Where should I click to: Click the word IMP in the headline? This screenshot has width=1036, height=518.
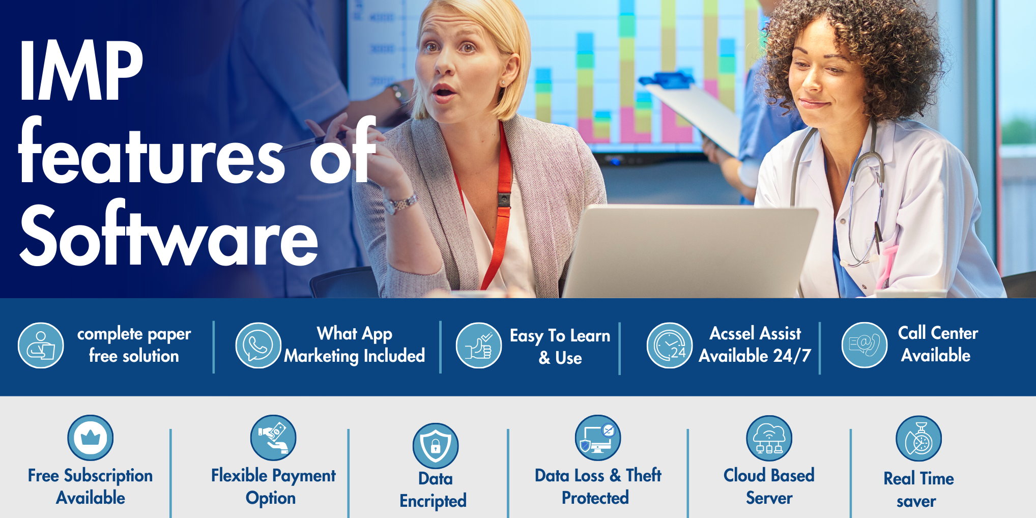(81, 71)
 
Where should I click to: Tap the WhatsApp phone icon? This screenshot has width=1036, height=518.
(258, 346)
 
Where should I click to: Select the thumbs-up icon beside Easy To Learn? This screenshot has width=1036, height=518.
(479, 346)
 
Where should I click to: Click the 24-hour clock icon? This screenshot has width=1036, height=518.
(670, 346)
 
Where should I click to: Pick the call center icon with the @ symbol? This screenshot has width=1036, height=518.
(865, 345)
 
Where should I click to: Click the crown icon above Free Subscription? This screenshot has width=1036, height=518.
(91, 438)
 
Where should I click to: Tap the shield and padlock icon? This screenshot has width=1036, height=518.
(436, 446)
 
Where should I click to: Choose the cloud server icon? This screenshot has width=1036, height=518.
(769, 438)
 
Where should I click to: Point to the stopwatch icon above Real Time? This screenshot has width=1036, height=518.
(919, 439)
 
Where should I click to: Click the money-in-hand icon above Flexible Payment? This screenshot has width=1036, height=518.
(273, 438)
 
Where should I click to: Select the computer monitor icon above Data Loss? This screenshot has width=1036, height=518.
(598, 438)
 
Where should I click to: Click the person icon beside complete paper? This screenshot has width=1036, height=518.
(41, 345)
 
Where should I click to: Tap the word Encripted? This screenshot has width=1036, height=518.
(433, 501)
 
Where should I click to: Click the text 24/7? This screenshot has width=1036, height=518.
(792, 355)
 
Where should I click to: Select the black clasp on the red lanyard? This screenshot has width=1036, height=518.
(504, 199)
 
